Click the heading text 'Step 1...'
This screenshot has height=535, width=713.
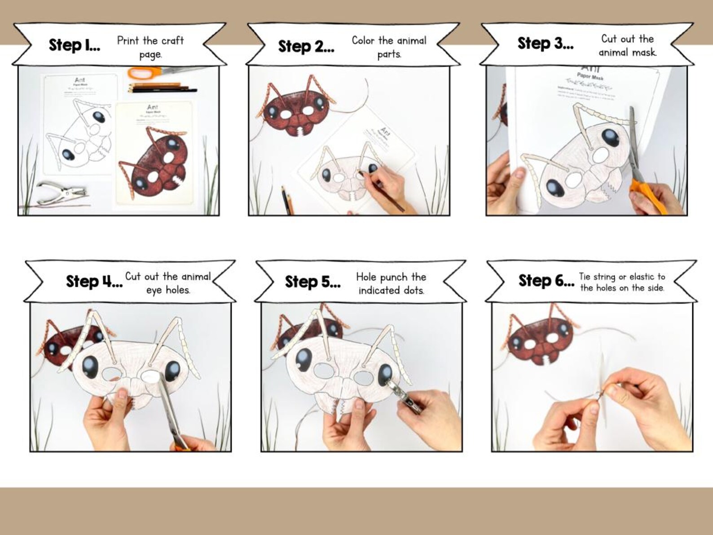click(74, 45)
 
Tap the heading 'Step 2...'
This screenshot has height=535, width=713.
click(306, 46)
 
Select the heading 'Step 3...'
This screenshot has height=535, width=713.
click(545, 43)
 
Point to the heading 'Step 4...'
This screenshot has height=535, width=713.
click(94, 281)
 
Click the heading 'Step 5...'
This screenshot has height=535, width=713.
click(312, 282)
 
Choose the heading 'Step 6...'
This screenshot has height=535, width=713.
click(546, 280)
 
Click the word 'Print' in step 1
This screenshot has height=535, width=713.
click(128, 40)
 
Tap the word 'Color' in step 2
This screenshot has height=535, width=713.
click(363, 40)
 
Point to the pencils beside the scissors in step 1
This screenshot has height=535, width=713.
click(162, 88)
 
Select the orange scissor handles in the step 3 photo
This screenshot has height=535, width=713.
click(646, 194)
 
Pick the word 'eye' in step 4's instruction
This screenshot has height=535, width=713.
click(154, 290)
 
